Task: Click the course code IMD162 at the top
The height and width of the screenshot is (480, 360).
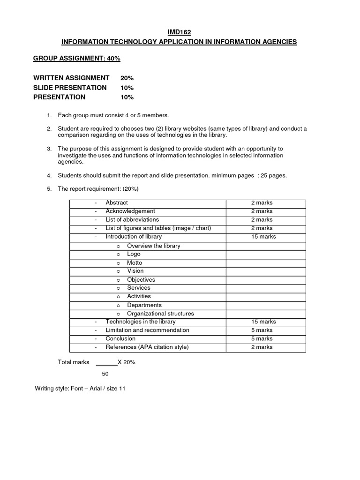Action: (179, 32)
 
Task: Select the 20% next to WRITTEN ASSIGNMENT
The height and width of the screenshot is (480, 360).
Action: (127, 78)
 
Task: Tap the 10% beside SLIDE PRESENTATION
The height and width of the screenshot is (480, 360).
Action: (127, 88)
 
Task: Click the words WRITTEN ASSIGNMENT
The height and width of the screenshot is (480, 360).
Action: (71, 78)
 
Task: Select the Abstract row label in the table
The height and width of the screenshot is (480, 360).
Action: (117, 203)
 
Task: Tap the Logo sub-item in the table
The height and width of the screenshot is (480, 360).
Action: (134, 254)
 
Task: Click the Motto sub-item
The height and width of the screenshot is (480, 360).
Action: (135, 262)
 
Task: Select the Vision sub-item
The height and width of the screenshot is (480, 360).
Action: (135, 271)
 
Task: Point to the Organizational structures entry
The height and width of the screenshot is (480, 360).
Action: (160, 314)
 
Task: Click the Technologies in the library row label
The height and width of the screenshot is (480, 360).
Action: (141, 322)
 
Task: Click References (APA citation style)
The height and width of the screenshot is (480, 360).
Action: (147, 347)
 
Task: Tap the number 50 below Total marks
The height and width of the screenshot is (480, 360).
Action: (105, 374)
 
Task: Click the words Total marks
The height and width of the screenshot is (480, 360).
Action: (74, 362)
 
